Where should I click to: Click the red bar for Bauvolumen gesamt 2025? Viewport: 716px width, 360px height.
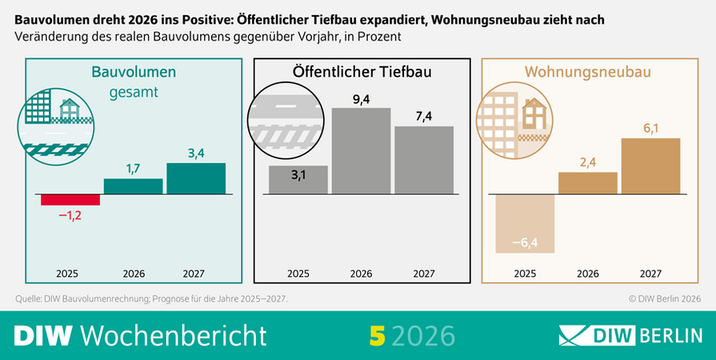coord(70,200)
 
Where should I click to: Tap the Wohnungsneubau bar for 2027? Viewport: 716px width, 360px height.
coord(650,166)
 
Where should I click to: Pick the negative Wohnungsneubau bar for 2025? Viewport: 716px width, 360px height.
coord(525,224)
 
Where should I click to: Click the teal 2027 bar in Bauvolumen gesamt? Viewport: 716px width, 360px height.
coord(196,178)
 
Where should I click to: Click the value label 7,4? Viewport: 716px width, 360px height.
coord(424,116)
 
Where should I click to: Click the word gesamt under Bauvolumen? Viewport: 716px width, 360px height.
coord(134,92)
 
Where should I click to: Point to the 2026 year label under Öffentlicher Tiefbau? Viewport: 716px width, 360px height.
coord(361,273)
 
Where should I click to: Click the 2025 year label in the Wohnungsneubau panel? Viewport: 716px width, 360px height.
coord(525,273)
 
